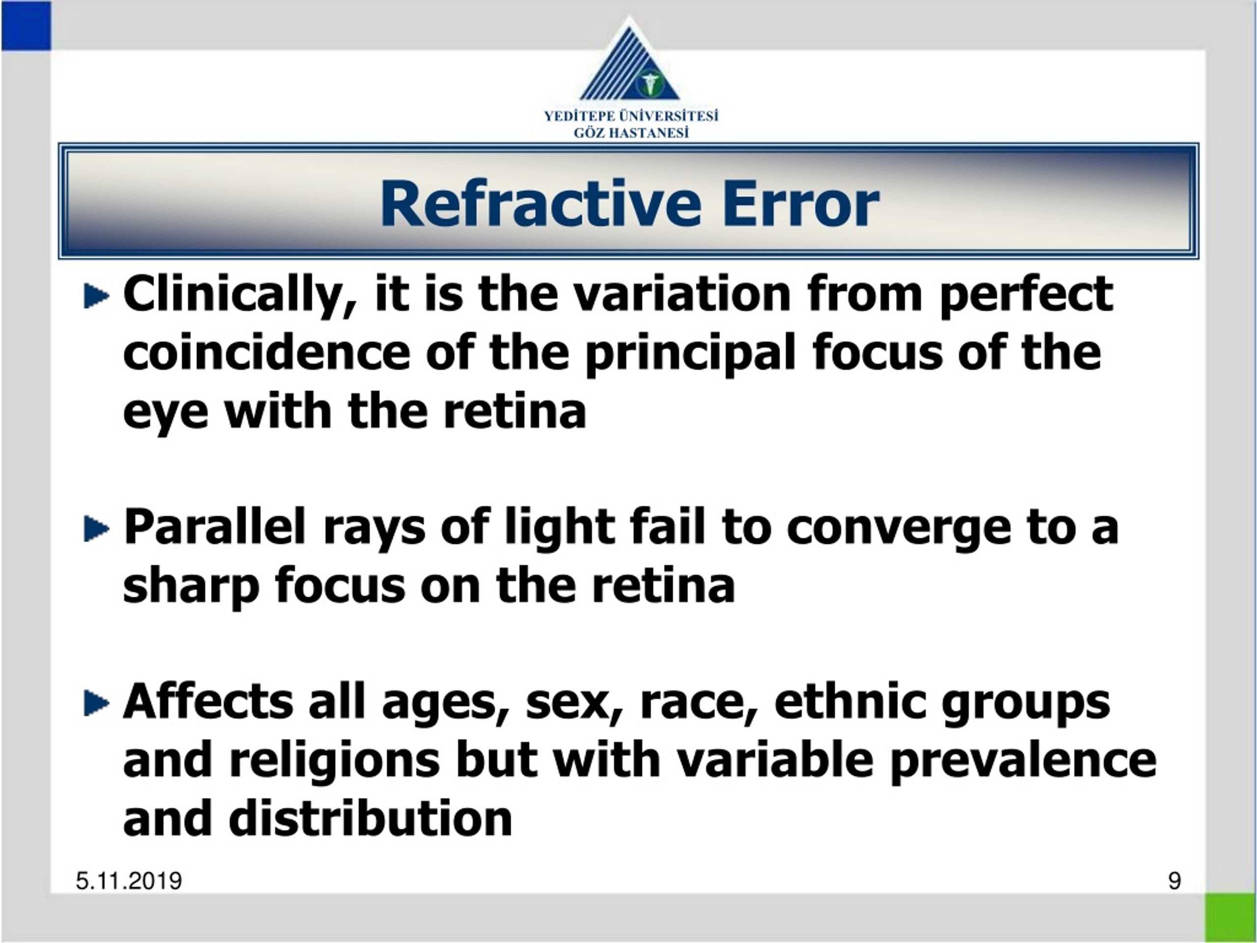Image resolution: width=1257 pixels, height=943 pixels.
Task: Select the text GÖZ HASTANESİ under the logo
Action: click(631, 133)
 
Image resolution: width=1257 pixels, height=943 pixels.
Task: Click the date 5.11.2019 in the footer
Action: click(129, 881)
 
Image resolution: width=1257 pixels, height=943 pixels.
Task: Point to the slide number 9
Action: click(1175, 881)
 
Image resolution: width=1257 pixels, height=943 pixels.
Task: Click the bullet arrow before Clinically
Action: click(95, 296)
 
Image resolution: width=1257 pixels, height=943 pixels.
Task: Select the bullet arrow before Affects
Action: click(95, 703)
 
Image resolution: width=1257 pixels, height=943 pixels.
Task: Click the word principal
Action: click(689, 354)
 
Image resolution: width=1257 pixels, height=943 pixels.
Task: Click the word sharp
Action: click(191, 586)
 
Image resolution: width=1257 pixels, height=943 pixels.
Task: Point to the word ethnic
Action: click(849, 701)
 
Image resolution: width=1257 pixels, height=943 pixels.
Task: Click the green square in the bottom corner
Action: click(1230, 917)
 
